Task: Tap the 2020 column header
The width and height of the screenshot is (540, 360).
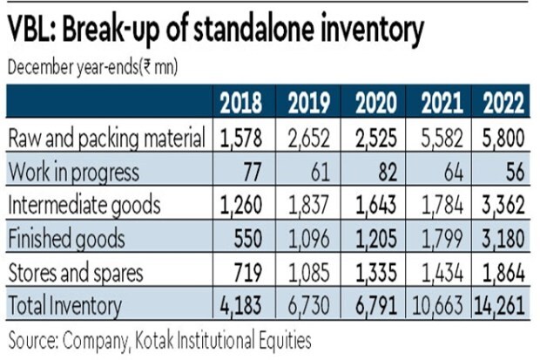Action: coord(377,104)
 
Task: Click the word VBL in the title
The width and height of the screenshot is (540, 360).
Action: coord(32,31)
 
